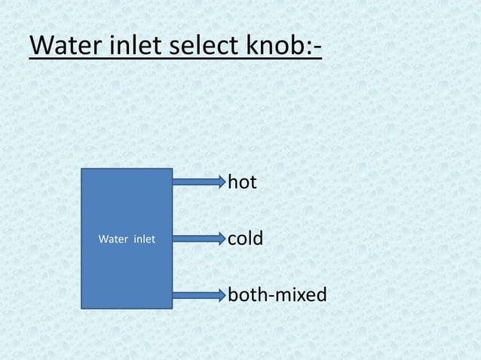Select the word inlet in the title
point(128,46)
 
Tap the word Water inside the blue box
point(115,239)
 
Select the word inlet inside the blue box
point(145,239)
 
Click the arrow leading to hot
point(198,181)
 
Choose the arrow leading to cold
point(198,239)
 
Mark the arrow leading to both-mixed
point(198,294)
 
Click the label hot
point(243,182)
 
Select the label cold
point(246,239)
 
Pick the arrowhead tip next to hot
point(223,181)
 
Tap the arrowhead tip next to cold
point(223,239)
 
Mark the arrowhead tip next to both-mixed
point(223,294)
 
